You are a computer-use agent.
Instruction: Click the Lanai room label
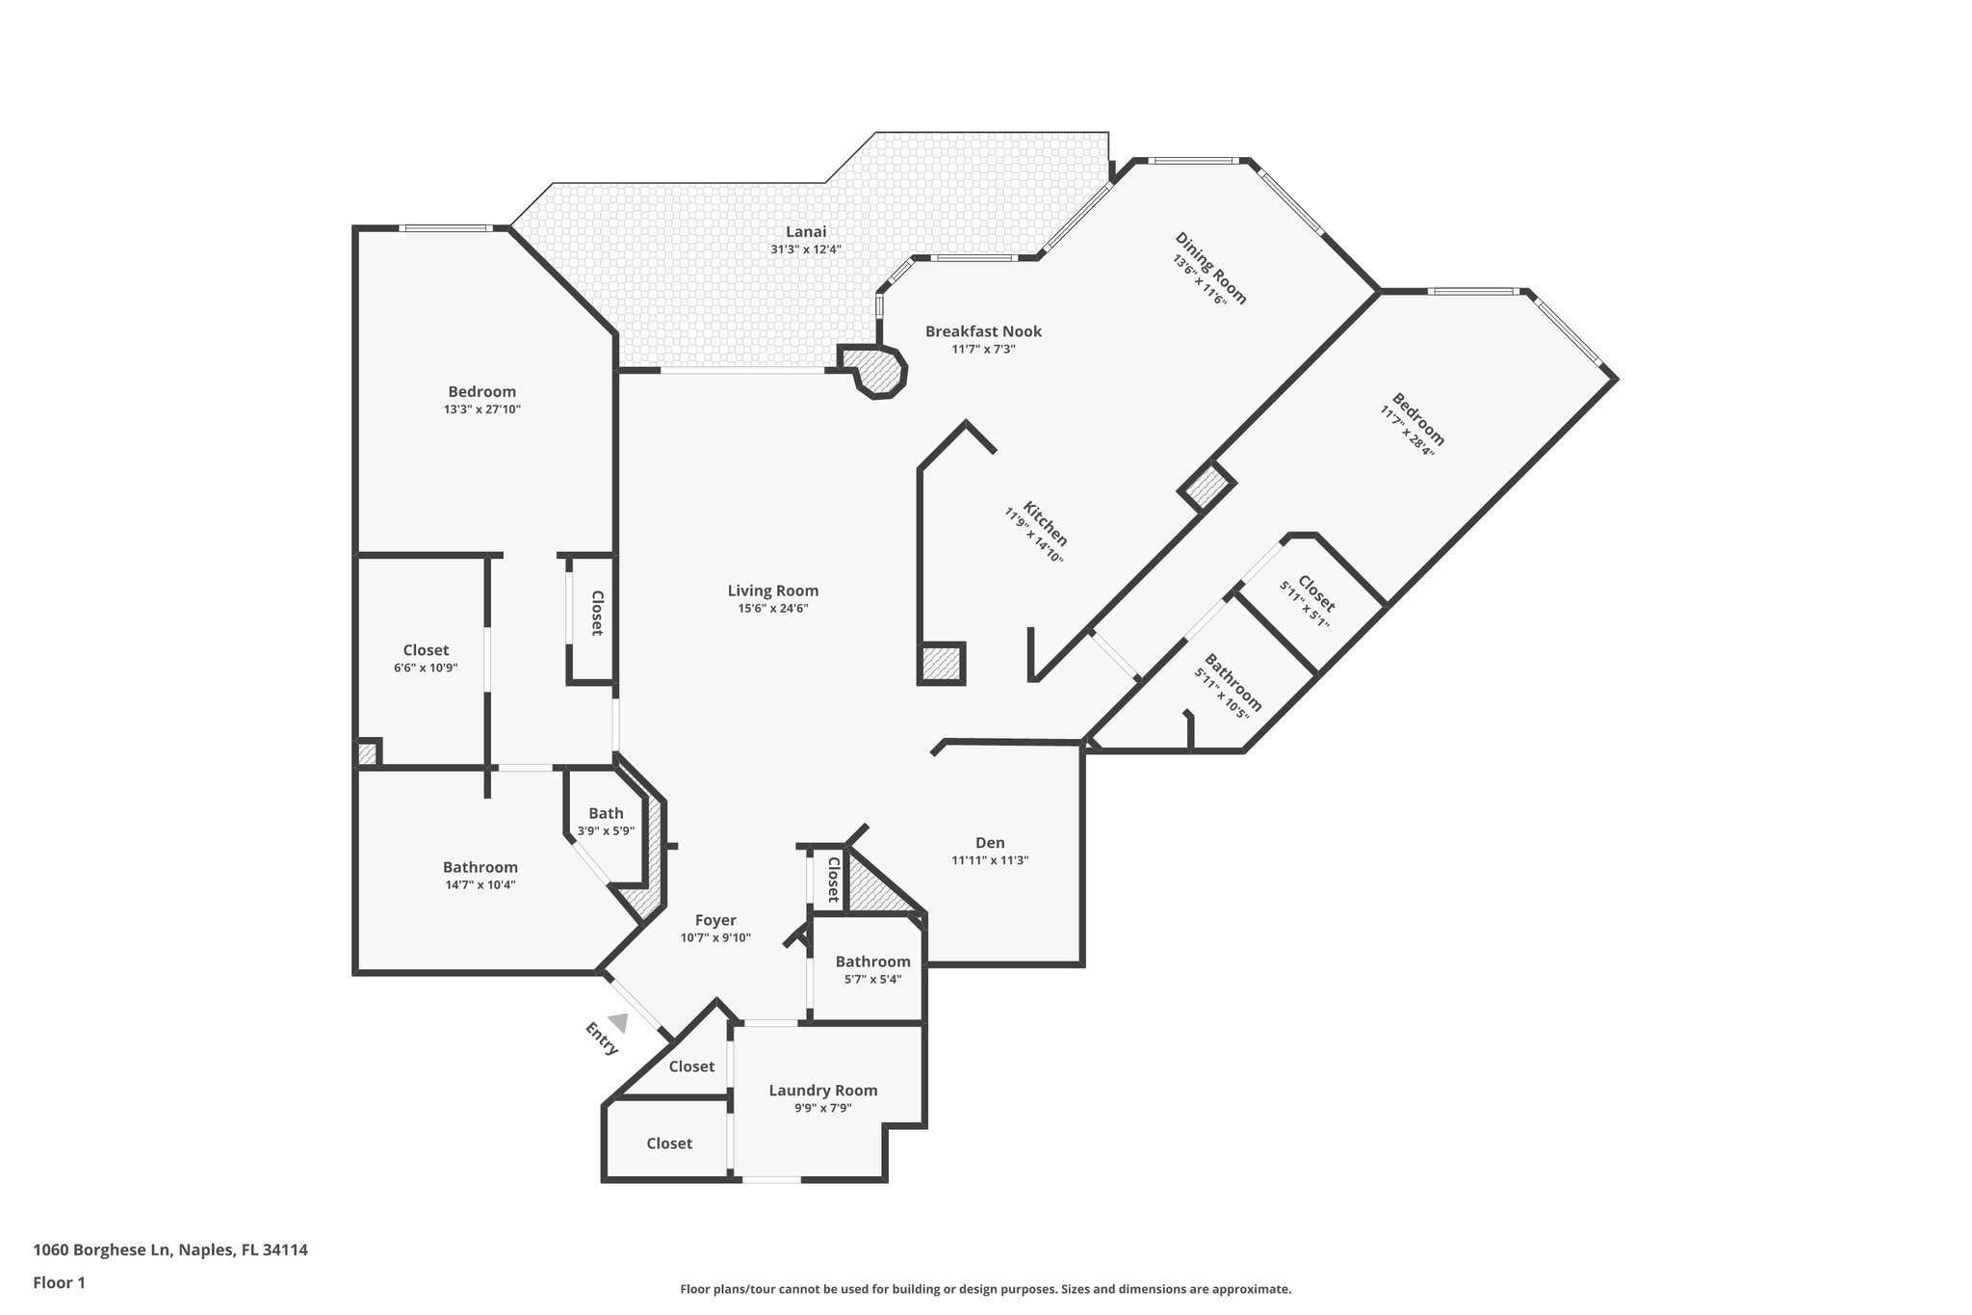[806, 232]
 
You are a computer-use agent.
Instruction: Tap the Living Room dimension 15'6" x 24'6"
[772, 608]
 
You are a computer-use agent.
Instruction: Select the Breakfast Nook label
[983, 331]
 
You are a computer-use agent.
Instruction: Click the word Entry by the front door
[601, 1038]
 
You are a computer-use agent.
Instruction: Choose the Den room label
[990, 842]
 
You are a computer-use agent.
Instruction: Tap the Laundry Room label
[822, 1091]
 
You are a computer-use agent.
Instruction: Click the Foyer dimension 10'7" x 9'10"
[715, 937]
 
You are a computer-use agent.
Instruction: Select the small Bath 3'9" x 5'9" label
[606, 813]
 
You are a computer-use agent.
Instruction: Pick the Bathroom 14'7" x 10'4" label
[480, 867]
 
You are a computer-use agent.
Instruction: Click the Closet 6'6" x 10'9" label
[426, 650]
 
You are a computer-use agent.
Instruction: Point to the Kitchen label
[1045, 522]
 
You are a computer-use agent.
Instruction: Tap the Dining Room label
[1210, 268]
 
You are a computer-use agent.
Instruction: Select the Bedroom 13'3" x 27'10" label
[481, 391]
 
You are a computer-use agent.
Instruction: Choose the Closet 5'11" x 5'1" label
[1315, 593]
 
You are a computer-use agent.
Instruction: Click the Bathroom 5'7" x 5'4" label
[872, 961]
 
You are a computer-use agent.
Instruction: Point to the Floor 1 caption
[59, 1282]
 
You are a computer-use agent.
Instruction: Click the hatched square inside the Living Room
[941, 663]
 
